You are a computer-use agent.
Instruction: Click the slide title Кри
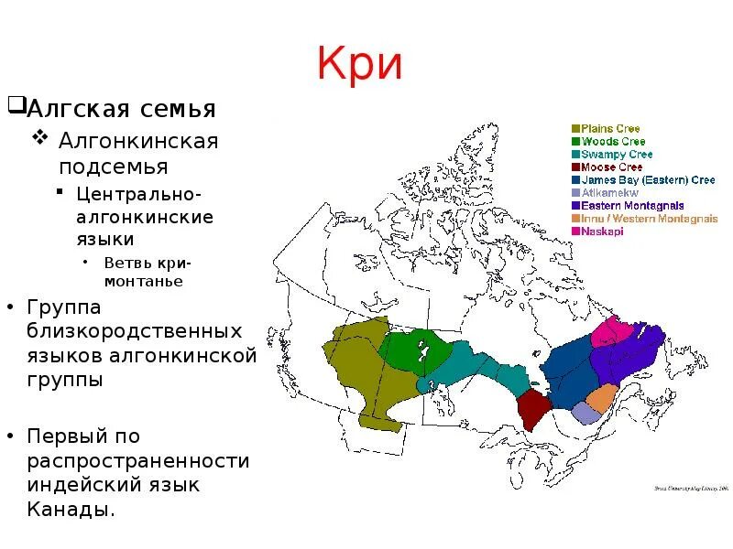[359, 65]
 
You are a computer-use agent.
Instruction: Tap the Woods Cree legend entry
[612, 142]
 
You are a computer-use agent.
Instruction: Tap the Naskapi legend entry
[600, 231]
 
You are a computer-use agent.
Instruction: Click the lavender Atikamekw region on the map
[585, 414]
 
